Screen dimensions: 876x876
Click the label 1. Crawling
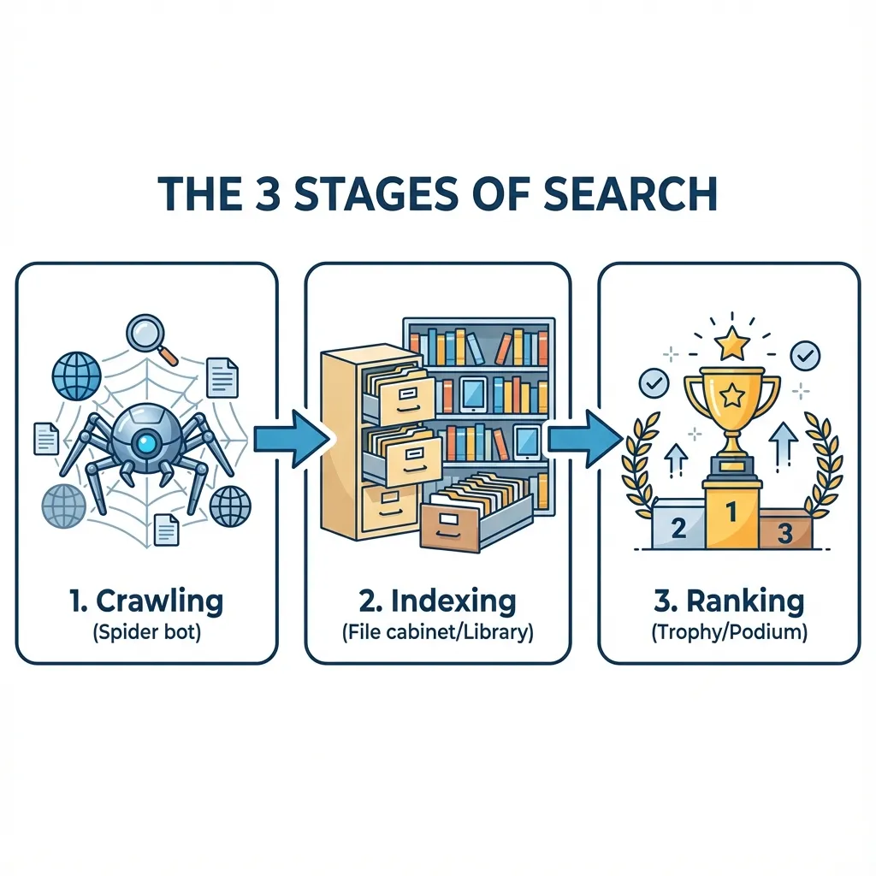click(x=146, y=601)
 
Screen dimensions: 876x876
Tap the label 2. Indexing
click(x=437, y=601)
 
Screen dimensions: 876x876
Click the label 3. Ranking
click(x=729, y=601)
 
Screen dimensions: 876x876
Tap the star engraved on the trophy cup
click(x=731, y=395)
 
